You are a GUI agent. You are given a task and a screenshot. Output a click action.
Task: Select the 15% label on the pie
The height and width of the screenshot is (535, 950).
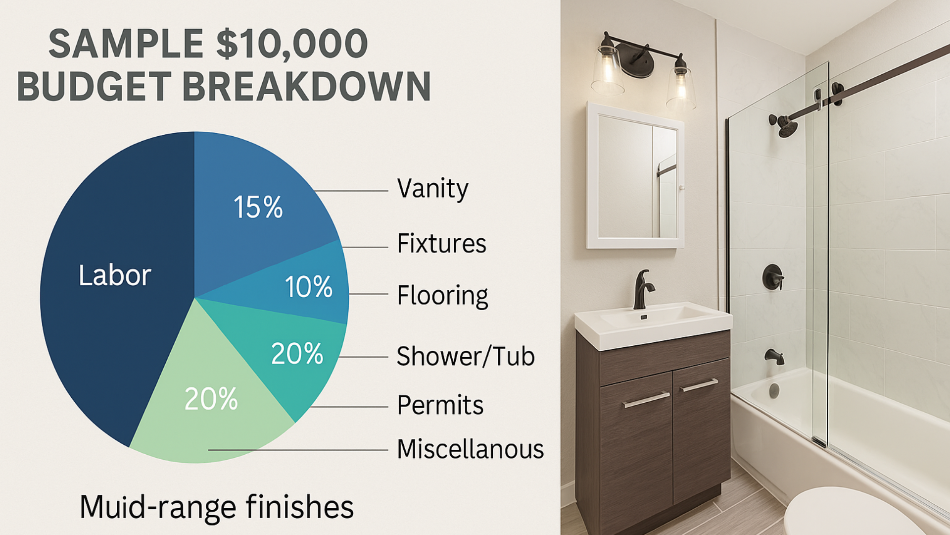(x=258, y=207)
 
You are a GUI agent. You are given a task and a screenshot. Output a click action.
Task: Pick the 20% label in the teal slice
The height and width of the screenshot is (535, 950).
(x=297, y=354)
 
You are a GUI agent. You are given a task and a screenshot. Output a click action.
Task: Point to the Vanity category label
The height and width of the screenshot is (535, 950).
(x=432, y=189)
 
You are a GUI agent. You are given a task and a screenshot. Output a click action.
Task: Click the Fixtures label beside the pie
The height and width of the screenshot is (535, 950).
(x=442, y=243)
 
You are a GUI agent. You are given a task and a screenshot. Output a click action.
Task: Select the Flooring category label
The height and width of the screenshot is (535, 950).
(x=443, y=296)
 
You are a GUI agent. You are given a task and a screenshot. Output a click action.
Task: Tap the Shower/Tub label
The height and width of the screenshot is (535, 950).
(x=466, y=356)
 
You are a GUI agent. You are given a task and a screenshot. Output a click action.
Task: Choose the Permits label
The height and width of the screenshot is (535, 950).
(x=440, y=405)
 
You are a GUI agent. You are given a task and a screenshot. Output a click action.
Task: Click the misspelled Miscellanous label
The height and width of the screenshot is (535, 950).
(x=471, y=449)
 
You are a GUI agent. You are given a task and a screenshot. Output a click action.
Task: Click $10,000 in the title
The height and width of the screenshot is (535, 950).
(x=292, y=44)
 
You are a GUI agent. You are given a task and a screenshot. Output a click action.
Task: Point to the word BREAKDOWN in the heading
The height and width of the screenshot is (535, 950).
(x=307, y=86)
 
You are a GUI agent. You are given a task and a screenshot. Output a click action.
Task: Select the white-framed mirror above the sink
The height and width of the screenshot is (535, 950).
(x=635, y=175)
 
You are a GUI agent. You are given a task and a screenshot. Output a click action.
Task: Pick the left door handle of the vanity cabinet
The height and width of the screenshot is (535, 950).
(x=646, y=400)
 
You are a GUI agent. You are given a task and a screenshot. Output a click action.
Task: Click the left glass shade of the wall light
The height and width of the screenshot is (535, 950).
(x=608, y=69)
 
